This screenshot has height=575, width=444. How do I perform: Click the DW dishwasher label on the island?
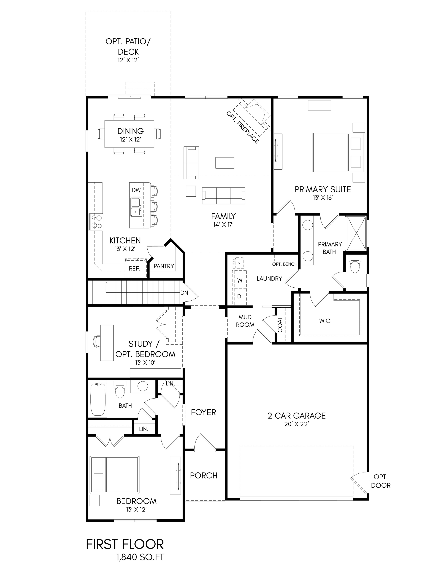pos(136,190)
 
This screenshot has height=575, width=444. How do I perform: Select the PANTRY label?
pos(164,266)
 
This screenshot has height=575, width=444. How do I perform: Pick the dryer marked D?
pos(240,296)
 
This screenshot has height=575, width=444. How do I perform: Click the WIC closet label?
pos(325,321)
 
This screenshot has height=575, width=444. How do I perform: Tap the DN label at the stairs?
pos(184,293)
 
